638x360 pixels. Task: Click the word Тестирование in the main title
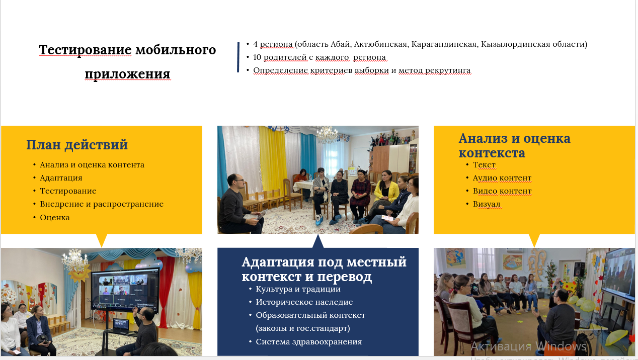coord(85,50)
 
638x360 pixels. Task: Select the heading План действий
coord(77,145)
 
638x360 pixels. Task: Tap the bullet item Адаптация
coord(61,178)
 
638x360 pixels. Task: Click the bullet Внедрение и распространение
coord(102,204)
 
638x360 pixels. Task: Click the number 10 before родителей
coord(257,57)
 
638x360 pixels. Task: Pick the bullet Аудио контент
coord(502,178)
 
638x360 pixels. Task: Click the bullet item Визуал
coord(487,204)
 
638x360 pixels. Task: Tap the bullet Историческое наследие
coord(304,302)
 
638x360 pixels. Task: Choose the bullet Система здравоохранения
coord(309,341)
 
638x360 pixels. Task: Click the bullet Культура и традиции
coord(298,289)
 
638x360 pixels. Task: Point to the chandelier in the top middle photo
coord(327,134)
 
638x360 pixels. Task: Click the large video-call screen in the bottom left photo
coord(125,290)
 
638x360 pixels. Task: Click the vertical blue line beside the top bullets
coord(238,57)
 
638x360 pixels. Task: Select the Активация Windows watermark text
coord(529,346)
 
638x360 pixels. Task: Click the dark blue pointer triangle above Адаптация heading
coord(318,241)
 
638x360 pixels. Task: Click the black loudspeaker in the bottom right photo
coord(579,269)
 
